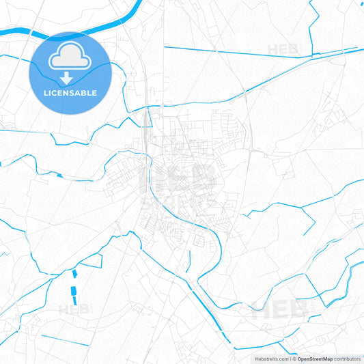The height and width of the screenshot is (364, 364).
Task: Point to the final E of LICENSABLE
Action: pyautogui.click(x=94, y=93)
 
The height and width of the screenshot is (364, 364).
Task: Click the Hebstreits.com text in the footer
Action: pyautogui.click(x=270, y=359)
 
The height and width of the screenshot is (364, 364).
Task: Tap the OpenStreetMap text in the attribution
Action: pyautogui.click(x=315, y=359)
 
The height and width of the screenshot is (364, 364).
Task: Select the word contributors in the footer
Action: pyautogui.click(x=347, y=359)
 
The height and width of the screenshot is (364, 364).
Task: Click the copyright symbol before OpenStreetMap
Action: pyautogui.click(x=294, y=359)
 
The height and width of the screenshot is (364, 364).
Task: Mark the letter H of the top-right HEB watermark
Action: pyautogui.click(x=274, y=50)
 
